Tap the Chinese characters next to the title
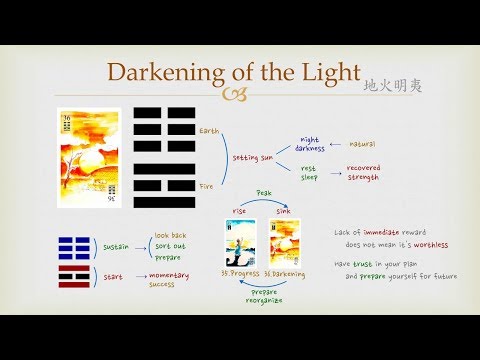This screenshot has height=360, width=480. pyautogui.click(x=394, y=86)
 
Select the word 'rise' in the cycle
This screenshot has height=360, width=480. pyautogui.click(x=238, y=210)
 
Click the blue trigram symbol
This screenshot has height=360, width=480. pyautogui.click(x=72, y=245)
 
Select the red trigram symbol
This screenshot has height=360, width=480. pyautogui.click(x=72, y=277)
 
